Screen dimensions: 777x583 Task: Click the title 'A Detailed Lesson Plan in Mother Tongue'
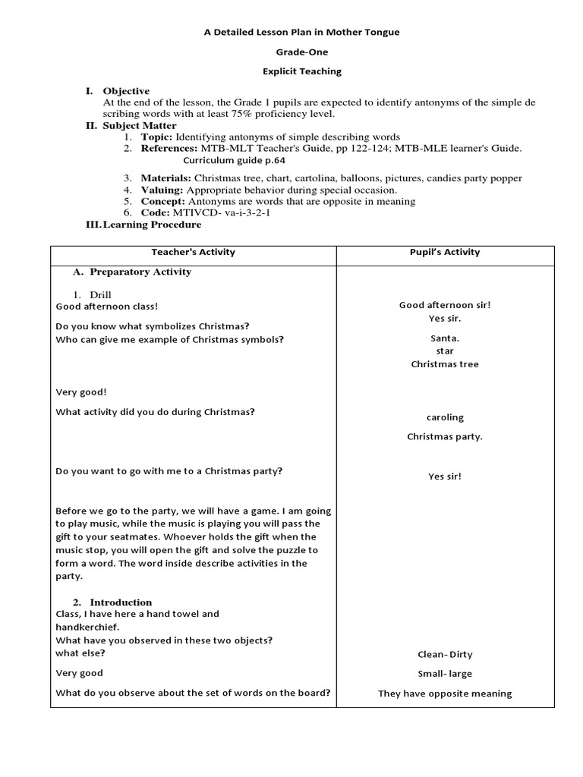coord(292,32)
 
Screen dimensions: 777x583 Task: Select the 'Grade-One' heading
coord(292,52)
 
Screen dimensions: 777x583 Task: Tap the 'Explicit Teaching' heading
coord(292,71)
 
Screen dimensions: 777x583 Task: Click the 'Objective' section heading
coord(126,91)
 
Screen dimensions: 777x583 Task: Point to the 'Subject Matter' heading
coord(140,125)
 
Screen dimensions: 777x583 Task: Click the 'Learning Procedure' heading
coord(152,225)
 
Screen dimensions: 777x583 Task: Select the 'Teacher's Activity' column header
coord(194,252)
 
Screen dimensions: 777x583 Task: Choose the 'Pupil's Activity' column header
coord(445,252)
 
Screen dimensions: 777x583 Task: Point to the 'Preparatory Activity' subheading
coord(140,272)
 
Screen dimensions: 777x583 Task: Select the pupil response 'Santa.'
coord(445,338)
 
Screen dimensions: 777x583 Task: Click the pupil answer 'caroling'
coord(445,417)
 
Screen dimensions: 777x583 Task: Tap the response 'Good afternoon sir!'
coord(445,305)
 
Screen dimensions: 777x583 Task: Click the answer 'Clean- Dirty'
coord(445,654)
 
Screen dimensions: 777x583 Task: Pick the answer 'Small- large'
coord(445,674)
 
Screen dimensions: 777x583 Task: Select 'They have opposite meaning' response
coord(445,694)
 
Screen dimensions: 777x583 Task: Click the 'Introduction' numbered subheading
coord(121,602)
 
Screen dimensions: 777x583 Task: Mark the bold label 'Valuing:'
coord(162,190)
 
